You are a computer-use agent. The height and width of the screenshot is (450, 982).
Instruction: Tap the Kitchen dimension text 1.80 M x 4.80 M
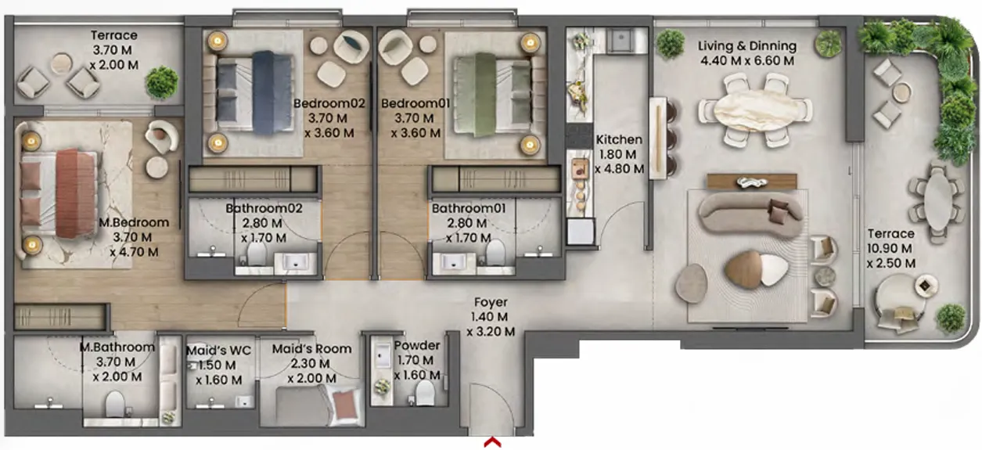(x=619, y=161)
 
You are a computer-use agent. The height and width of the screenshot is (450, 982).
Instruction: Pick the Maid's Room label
(x=311, y=349)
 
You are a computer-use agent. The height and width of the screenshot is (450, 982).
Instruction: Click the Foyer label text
(x=490, y=302)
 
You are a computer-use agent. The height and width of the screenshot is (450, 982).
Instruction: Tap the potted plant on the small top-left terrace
(x=161, y=81)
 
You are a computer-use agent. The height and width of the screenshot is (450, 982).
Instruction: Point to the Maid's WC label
(x=218, y=351)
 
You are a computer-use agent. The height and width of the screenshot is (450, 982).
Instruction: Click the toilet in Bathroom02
(x=257, y=255)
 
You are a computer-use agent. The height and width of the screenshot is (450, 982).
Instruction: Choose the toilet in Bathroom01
(x=495, y=254)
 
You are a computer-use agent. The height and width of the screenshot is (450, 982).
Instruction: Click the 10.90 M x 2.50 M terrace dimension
(x=890, y=256)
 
